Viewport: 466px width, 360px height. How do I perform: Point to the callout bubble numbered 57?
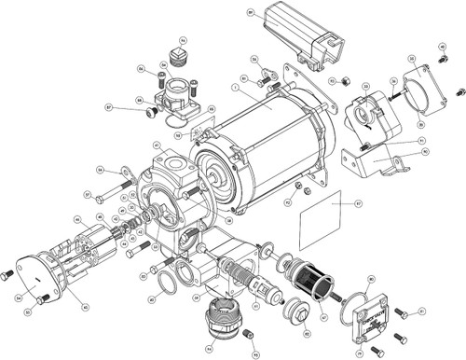coord(87,195)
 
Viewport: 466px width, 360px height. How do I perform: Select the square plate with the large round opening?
coord(428,90)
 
